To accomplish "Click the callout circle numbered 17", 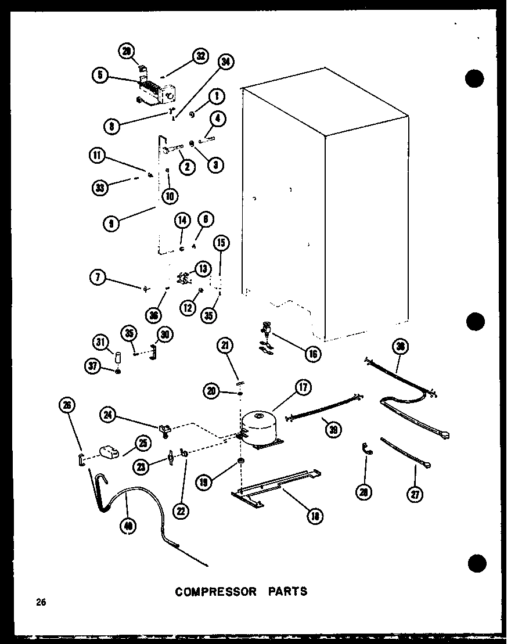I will (302, 388).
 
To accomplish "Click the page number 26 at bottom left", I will (40, 602).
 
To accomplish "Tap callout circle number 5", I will (100, 74).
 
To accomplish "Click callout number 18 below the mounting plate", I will (315, 515).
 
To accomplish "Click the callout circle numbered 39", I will (333, 429).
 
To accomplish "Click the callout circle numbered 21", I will (225, 346).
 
